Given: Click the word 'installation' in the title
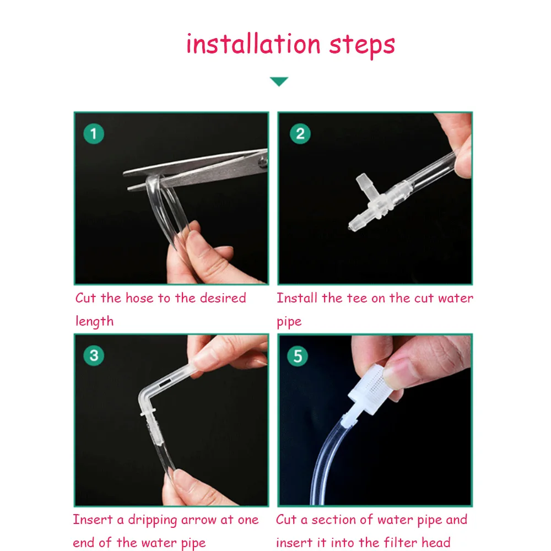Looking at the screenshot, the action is (x=253, y=44).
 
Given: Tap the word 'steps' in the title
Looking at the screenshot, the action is (x=362, y=46).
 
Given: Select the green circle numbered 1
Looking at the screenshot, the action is (x=94, y=133).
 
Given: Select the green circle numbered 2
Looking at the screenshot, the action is (x=300, y=133).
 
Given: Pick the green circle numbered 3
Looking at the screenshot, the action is (x=94, y=355).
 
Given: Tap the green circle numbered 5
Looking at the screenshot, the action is (x=298, y=356).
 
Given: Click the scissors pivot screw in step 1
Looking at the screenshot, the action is (x=263, y=162).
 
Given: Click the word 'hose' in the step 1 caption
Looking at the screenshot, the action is (x=139, y=298).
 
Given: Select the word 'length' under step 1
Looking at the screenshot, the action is (x=95, y=322).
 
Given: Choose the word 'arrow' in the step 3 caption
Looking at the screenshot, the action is (x=198, y=520).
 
